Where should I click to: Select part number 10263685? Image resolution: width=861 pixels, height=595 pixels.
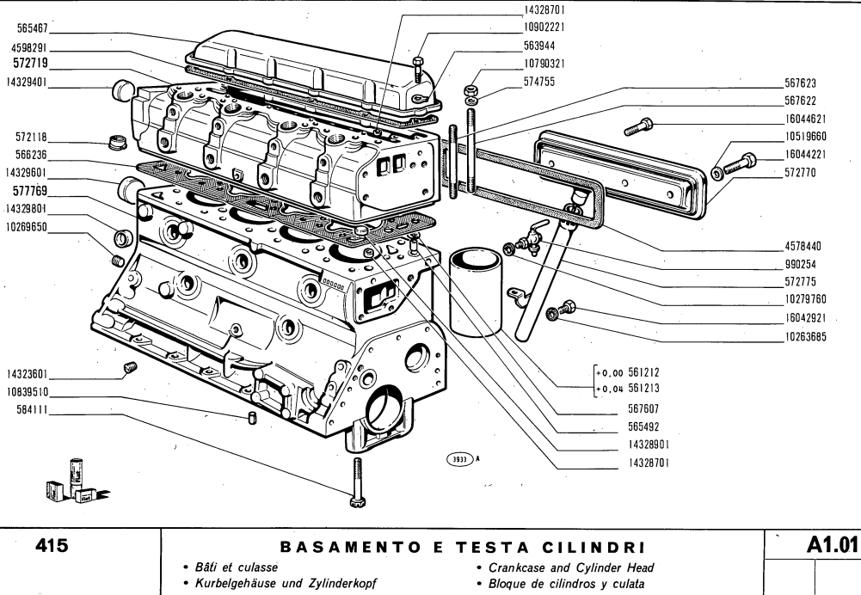coord(805,335)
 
